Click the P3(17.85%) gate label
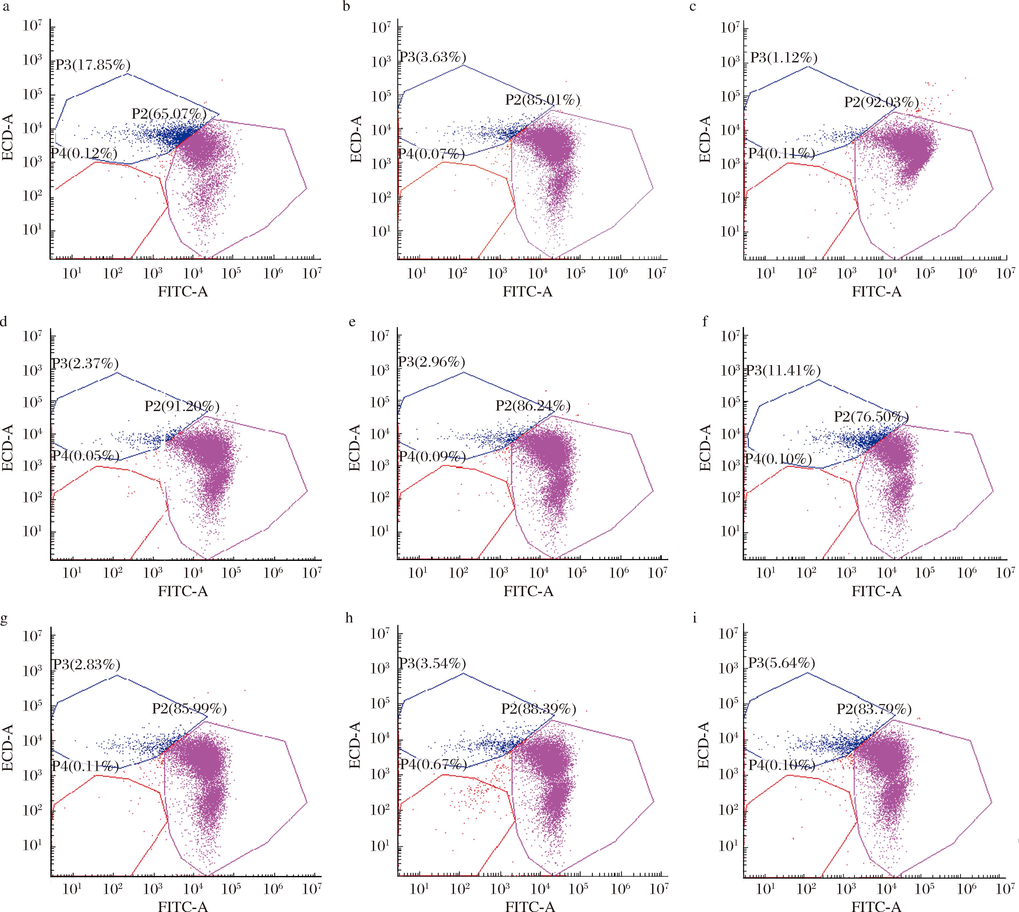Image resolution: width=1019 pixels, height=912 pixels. click(x=93, y=65)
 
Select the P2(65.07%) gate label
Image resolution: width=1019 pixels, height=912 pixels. click(x=169, y=114)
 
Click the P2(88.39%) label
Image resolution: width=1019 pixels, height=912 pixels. click(x=539, y=709)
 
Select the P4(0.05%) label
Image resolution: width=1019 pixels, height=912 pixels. click(x=86, y=455)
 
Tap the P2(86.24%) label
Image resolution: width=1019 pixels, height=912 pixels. click(x=533, y=405)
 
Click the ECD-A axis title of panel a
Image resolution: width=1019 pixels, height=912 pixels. click(x=8, y=137)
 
